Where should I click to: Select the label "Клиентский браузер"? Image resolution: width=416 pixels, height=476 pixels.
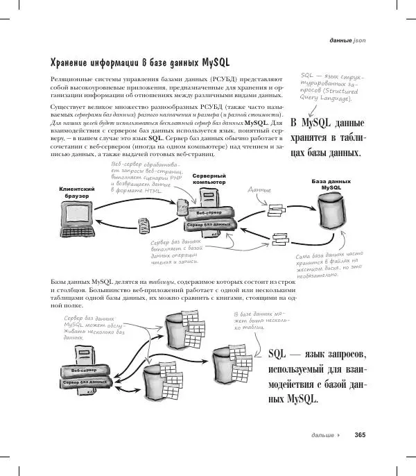77,192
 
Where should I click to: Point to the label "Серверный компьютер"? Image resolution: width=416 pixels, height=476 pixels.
209,179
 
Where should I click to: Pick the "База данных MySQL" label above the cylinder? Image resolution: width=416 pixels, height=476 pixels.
331,185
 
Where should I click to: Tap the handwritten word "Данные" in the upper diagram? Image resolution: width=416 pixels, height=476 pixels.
259,189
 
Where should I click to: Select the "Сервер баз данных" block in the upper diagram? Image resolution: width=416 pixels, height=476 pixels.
208,225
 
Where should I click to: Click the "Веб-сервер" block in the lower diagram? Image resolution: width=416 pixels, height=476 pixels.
78,369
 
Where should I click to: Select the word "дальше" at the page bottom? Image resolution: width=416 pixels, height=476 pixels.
322,435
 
